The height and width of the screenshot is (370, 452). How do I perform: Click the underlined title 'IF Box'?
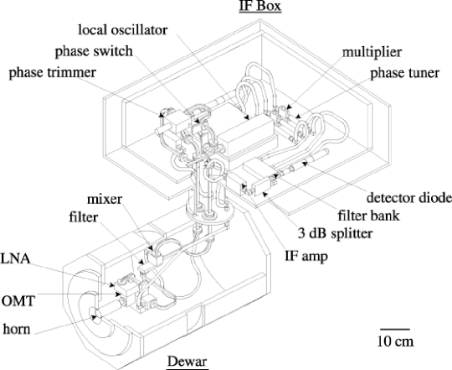click(260, 6)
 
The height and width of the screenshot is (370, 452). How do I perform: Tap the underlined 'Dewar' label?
click(187, 362)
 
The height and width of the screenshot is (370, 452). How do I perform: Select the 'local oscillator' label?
click(123, 29)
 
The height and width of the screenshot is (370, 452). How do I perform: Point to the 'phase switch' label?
click(94, 51)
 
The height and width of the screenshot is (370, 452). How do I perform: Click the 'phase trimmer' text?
click(53, 72)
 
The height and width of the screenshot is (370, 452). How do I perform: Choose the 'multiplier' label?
click(372, 52)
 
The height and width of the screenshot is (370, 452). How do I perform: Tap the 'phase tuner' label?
click(405, 73)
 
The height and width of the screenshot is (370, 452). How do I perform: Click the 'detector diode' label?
click(409, 198)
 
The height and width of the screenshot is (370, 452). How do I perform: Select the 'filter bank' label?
click(368, 215)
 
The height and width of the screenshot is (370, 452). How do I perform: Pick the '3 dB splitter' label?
click(336, 233)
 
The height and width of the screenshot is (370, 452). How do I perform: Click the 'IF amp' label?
click(306, 256)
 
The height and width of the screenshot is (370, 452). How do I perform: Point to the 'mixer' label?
click(105, 200)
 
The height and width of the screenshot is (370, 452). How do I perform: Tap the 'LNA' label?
click(15, 258)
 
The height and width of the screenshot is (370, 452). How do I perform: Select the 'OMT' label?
click(18, 301)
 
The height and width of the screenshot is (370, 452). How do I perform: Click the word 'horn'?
click(17, 329)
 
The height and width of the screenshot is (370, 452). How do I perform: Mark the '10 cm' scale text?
click(395, 341)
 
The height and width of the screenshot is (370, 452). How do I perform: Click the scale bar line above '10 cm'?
click(395, 329)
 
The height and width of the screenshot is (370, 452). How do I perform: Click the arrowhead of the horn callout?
click(95, 317)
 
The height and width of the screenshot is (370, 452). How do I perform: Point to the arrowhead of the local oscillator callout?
click(247, 117)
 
